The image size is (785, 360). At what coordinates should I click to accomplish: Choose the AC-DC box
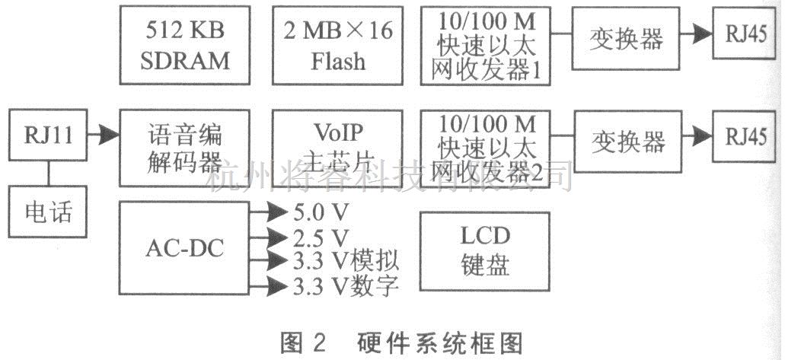tap(185, 250)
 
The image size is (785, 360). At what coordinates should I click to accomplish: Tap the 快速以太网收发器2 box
tap(485, 147)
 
